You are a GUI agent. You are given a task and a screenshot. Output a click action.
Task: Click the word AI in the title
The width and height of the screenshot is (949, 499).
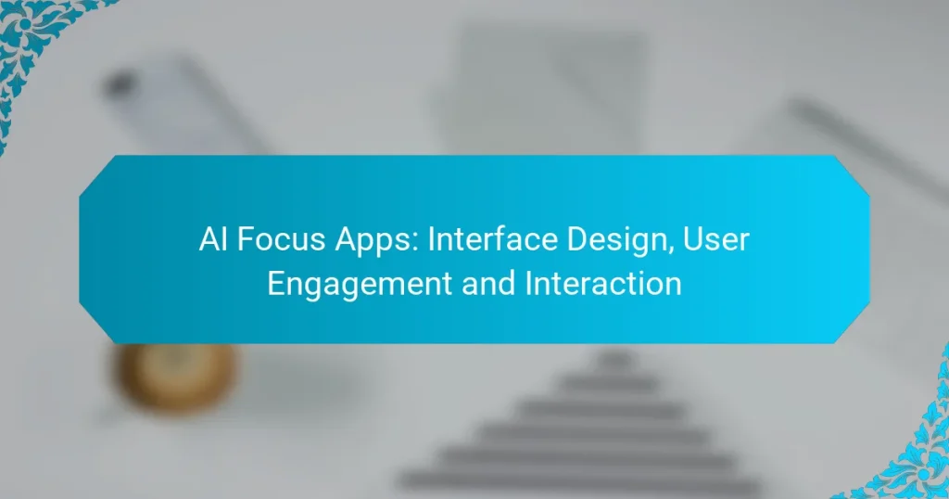(212, 240)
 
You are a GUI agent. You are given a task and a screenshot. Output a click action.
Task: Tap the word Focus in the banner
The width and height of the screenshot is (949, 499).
(272, 240)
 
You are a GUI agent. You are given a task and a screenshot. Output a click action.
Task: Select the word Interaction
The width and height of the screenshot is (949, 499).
(603, 283)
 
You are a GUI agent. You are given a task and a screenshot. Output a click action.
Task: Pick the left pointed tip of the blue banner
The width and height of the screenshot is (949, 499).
(82, 249)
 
